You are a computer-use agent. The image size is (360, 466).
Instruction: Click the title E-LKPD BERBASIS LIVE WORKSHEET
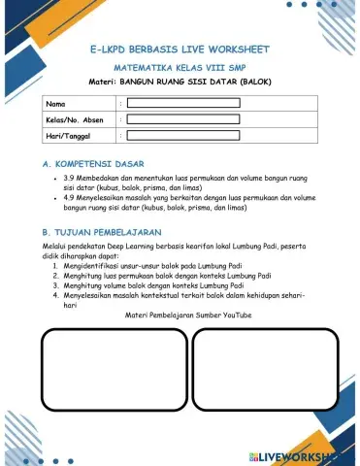click(180, 48)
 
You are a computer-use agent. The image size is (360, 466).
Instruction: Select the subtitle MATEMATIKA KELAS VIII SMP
click(180, 71)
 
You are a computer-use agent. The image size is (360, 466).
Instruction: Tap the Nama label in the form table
click(56, 103)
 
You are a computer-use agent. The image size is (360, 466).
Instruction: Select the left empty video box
click(112, 373)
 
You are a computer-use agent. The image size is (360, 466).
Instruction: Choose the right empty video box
click(263, 373)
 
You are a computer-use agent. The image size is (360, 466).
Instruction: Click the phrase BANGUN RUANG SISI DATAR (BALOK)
click(213, 83)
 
